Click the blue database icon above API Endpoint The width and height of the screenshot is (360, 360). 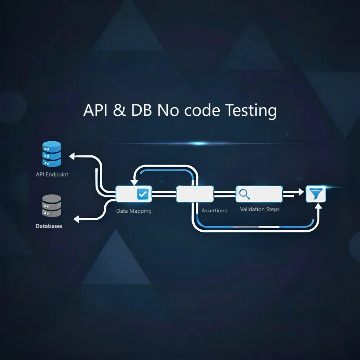coord(51,154)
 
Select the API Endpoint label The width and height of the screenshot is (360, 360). coord(52,174)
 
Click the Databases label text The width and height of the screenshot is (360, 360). coord(49,226)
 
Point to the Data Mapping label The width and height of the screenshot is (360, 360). coord(134,211)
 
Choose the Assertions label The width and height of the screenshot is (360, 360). coord(214,211)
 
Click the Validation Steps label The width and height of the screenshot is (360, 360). coord(260,209)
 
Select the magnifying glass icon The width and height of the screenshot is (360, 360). coord(244,193)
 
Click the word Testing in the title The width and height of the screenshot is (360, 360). coord(251,111)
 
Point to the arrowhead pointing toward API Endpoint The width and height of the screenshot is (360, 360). coord(73,156)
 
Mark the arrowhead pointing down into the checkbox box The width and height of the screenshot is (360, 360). coord(134,182)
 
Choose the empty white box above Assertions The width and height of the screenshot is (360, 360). coord(195,194)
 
